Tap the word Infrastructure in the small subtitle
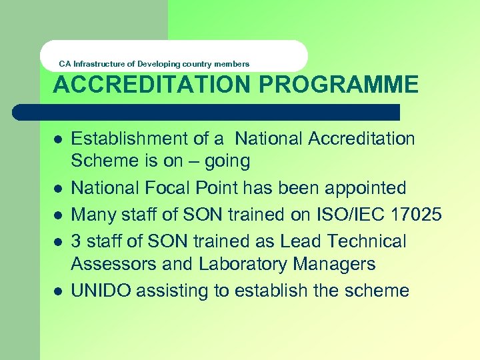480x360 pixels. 99,64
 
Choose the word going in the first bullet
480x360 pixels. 227,161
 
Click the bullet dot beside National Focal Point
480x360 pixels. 58,189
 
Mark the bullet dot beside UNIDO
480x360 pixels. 58,291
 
